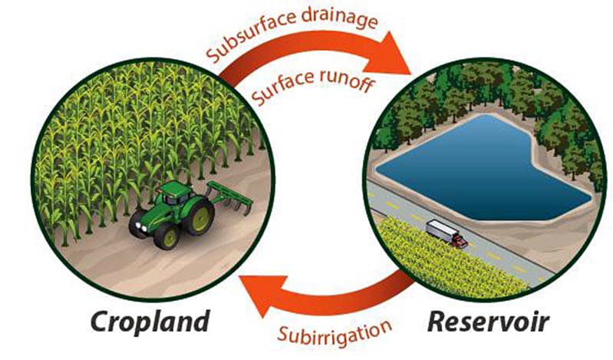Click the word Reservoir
[x=489, y=322]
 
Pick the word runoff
[x=346, y=81]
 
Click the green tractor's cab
[x=176, y=193]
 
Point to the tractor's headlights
[x=140, y=227]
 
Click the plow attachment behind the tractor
[x=231, y=197]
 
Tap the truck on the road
[x=447, y=233]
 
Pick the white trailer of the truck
[x=440, y=230]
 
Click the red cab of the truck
[x=460, y=241]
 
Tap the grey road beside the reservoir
[x=461, y=231]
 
